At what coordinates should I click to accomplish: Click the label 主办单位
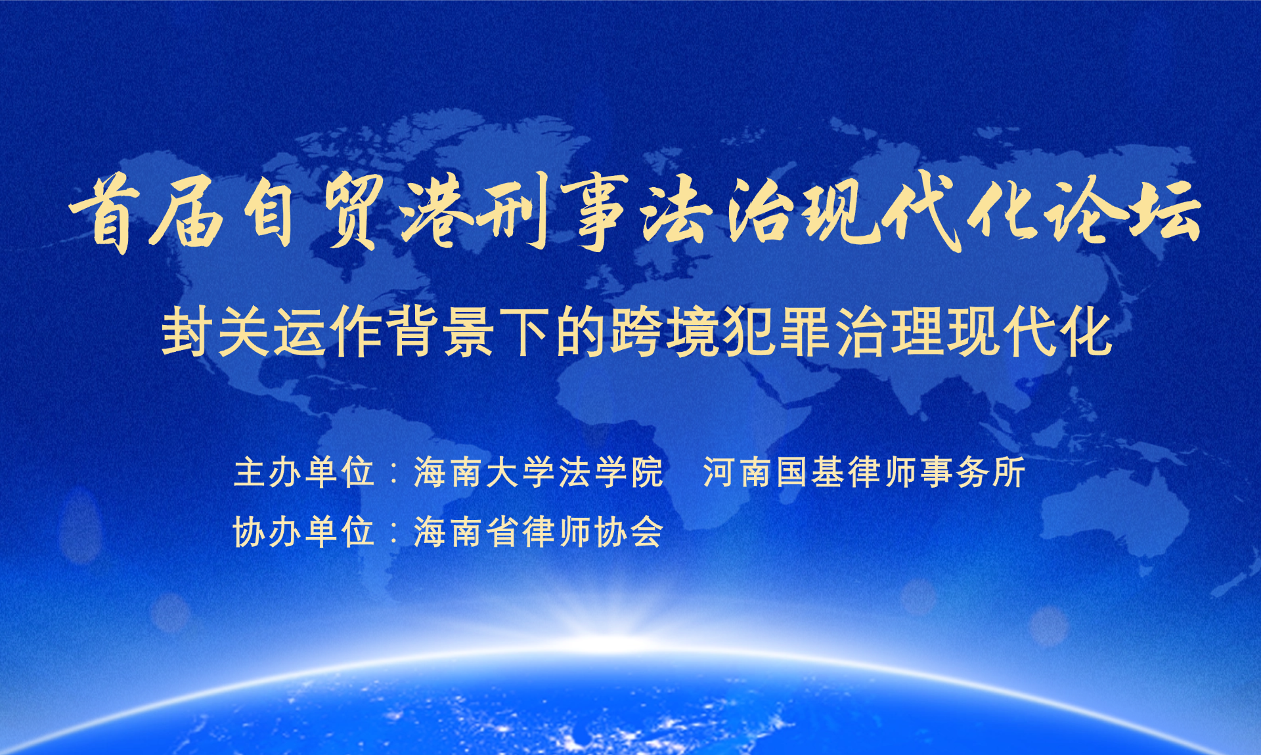(304, 472)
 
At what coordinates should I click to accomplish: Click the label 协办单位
(304, 532)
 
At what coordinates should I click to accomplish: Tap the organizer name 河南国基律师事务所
(864, 472)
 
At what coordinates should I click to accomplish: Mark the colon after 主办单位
(394, 473)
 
